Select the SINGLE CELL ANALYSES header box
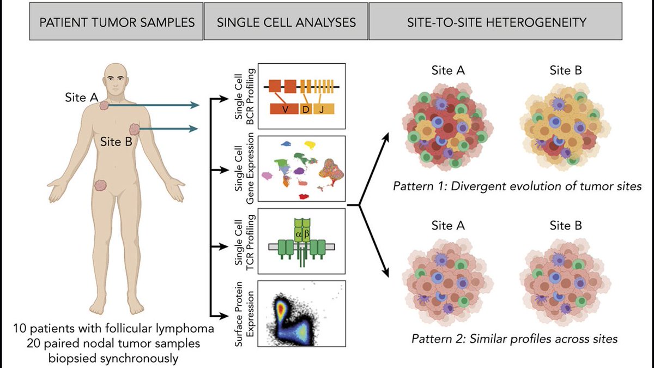(x=286, y=22)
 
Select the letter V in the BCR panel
(x=284, y=109)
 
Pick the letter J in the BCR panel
(x=322, y=109)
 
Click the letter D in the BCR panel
(x=305, y=109)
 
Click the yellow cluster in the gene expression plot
(x=311, y=145)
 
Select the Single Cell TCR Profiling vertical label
(x=240, y=240)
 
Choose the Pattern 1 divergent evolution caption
(x=517, y=186)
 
